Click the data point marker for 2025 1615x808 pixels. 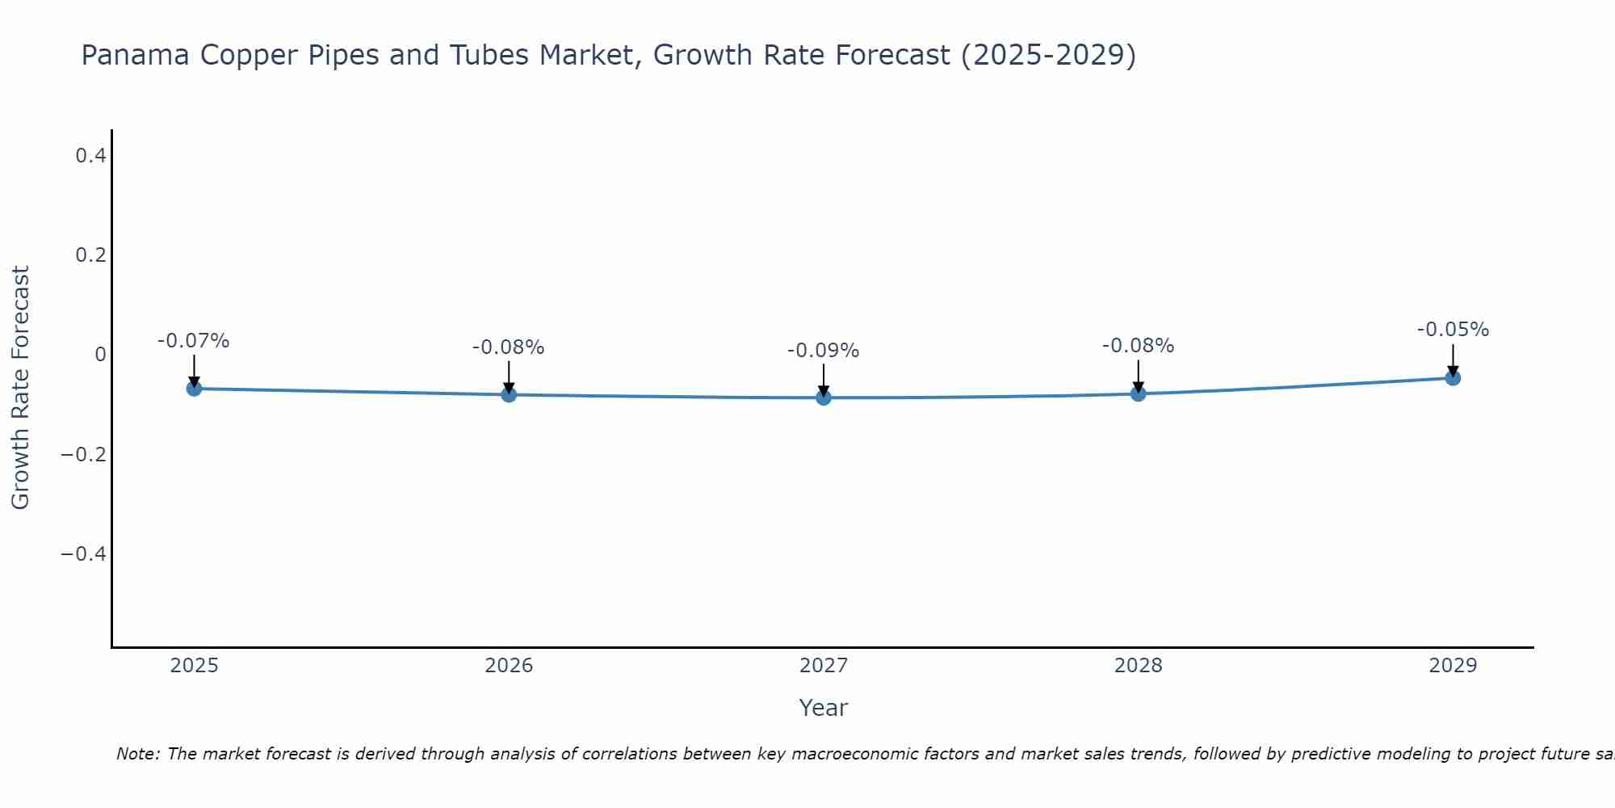point(194,389)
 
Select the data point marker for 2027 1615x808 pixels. point(824,398)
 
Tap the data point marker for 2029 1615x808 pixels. point(1453,377)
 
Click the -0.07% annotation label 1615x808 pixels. point(194,341)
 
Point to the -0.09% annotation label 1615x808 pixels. point(824,351)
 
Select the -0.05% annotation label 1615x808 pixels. point(1453,330)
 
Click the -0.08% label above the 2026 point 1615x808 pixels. point(509,347)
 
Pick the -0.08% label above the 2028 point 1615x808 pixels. point(1138,346)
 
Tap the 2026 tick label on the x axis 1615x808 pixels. point(509,666)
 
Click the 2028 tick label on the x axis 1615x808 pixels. point(1138,666)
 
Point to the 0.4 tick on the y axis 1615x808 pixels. point(90,155)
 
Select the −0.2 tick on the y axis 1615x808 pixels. point(84,454)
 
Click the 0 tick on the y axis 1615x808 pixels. point(100,355)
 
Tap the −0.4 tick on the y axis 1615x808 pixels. point(84,553)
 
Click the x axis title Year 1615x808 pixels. point(823,708)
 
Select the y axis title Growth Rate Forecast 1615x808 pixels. point(20,387)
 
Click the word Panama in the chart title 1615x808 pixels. point(136,55)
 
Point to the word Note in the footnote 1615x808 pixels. point(137,754)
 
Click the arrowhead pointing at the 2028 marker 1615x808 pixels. point(1138,387)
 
